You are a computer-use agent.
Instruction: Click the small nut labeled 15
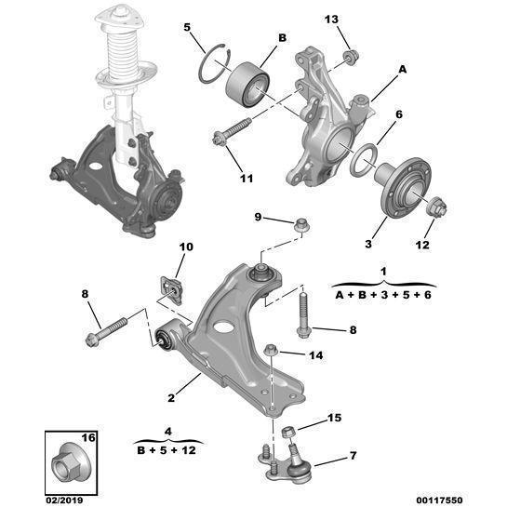[x=288, y=433]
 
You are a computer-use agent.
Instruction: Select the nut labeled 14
[x=271, y=351]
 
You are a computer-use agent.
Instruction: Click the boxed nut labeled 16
[x=71, y=458]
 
